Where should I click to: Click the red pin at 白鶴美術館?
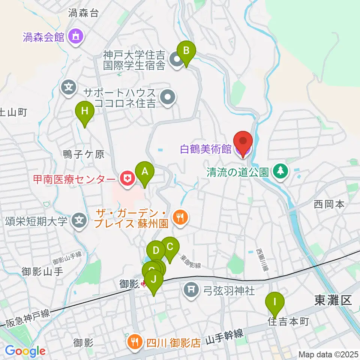pyautogui.click(x=243, y=141)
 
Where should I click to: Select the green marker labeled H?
pyautogui.click(x=85, y=112)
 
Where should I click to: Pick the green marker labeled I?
pyautogui.click(x=274, y=302)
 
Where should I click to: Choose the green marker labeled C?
pyautogui.click(x=170, y=247)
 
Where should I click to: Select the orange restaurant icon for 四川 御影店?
pyautogui.click(x=134, y=341)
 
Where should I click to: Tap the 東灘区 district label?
pyautogui.click(x=333, y=300)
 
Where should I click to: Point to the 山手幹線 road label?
pyautogui.click(x=225, y=336)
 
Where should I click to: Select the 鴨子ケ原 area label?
pyautogui.click(x=83, y=154)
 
